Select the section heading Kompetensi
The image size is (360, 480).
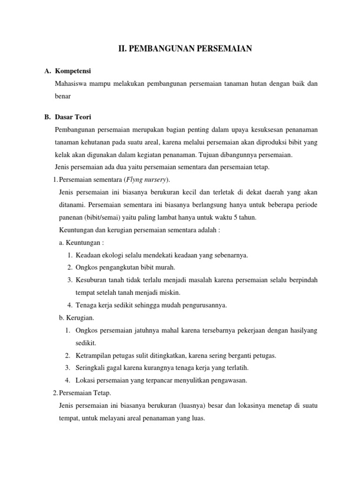point(73,71)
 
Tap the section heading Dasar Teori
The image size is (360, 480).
point(73,117)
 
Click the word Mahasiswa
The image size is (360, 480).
point(72,83)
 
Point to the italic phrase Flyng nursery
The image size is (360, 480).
point(145,180)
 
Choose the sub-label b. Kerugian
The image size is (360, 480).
point(77,318)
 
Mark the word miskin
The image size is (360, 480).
point(169,292)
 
